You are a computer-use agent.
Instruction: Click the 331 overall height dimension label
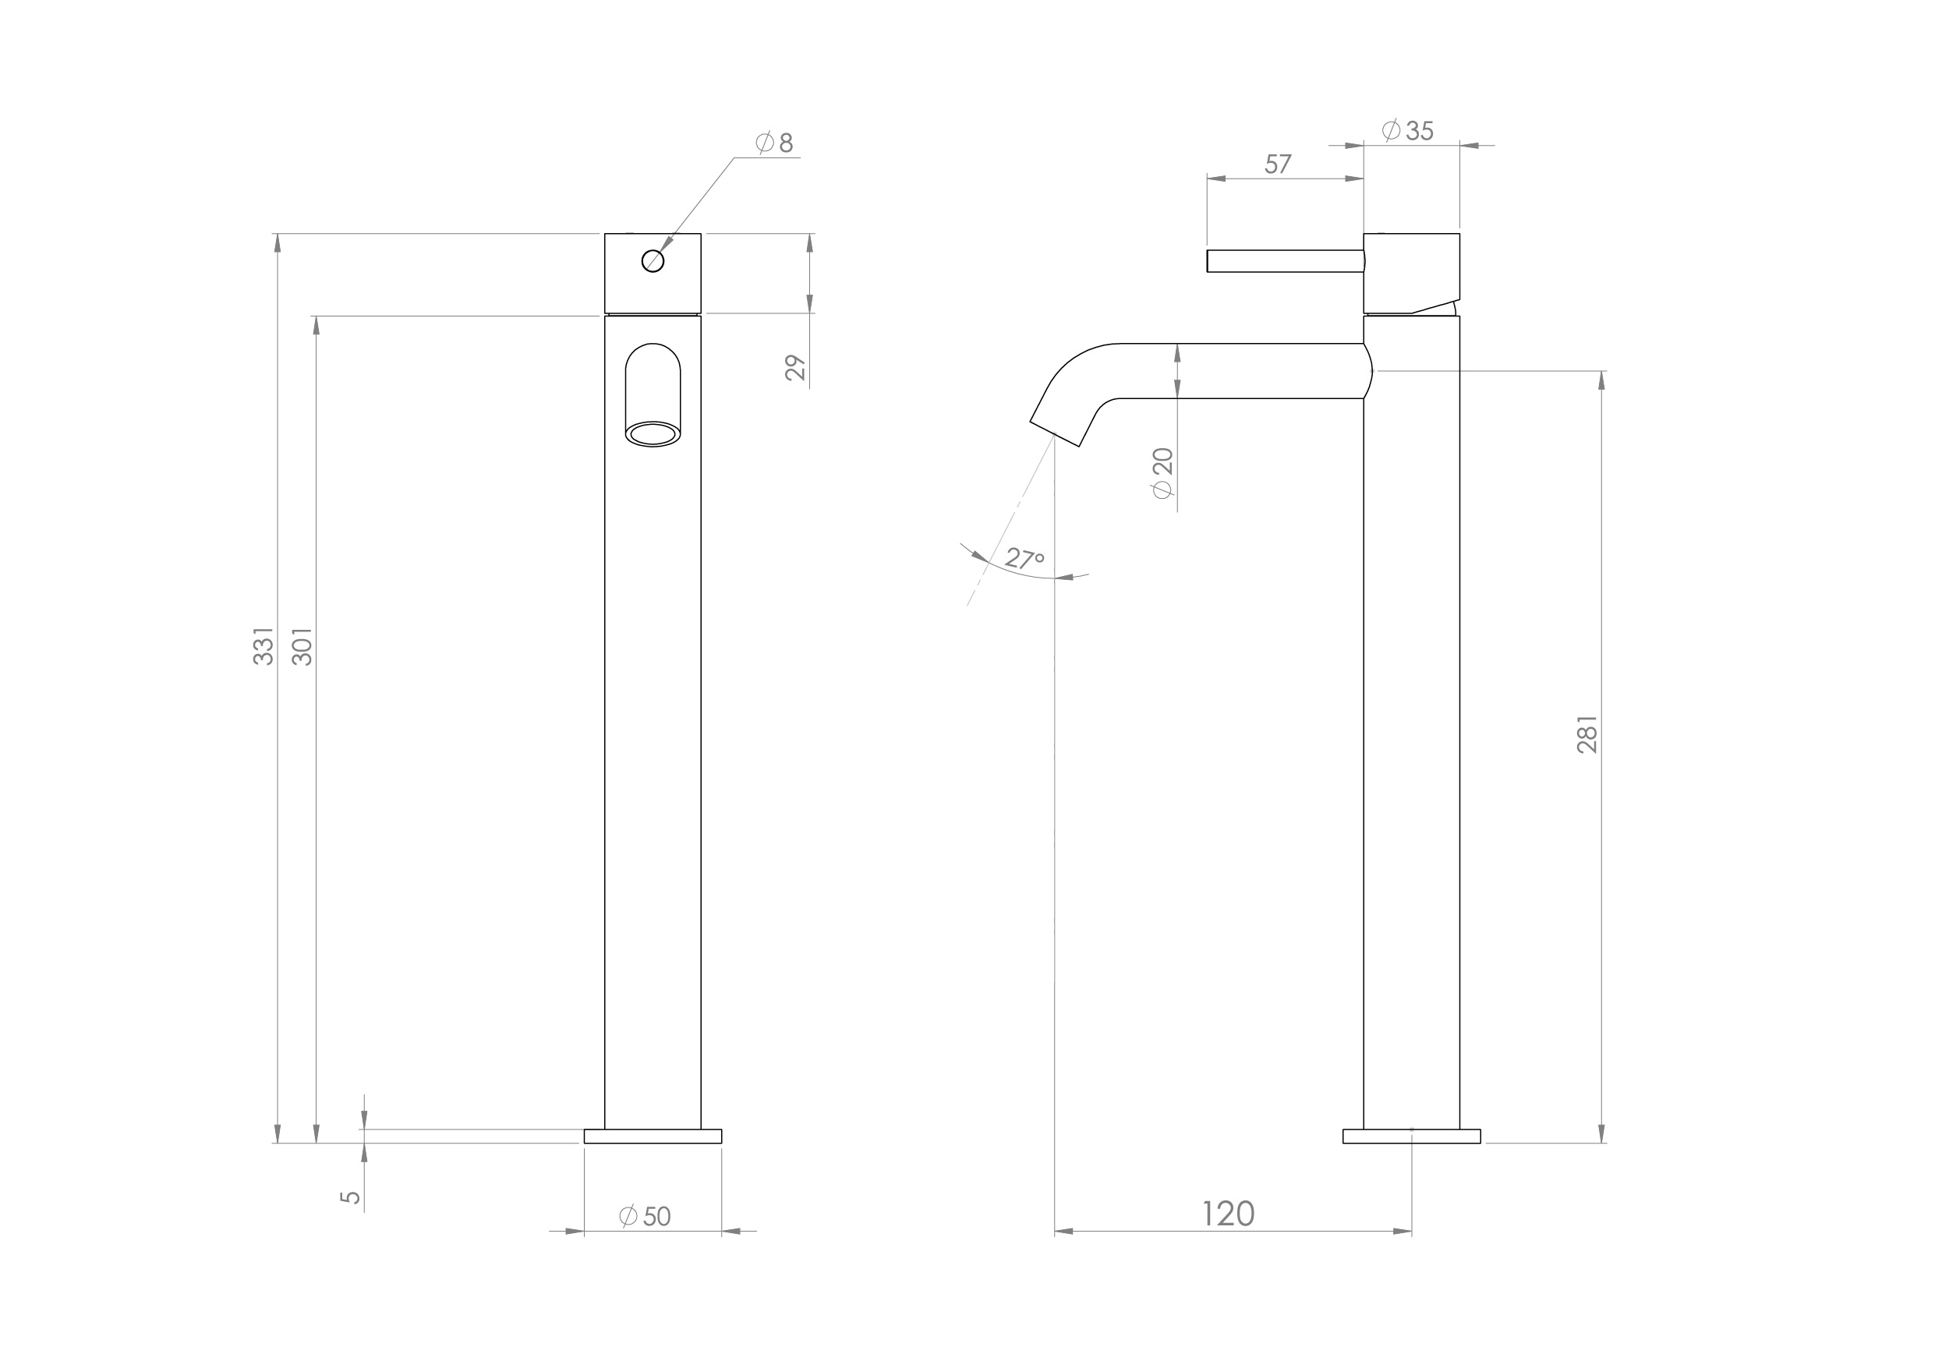264,645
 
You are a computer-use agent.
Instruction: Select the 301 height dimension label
302,645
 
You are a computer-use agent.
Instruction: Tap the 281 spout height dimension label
1587,734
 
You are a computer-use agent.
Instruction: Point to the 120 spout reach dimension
1228,1214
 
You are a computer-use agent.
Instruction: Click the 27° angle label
1025,559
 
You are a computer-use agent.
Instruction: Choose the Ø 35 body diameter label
1408,131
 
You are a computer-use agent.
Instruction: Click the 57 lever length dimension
1278,164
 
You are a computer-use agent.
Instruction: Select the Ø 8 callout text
776,143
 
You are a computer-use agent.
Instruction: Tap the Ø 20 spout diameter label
1163,472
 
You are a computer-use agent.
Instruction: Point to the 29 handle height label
795,369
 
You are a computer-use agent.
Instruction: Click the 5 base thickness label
351,1197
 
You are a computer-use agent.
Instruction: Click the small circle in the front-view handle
653,261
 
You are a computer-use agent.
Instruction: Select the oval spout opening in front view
653,435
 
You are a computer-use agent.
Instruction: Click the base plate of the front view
653,1136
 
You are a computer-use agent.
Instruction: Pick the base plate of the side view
1412,1136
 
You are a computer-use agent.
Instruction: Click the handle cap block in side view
1412,271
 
